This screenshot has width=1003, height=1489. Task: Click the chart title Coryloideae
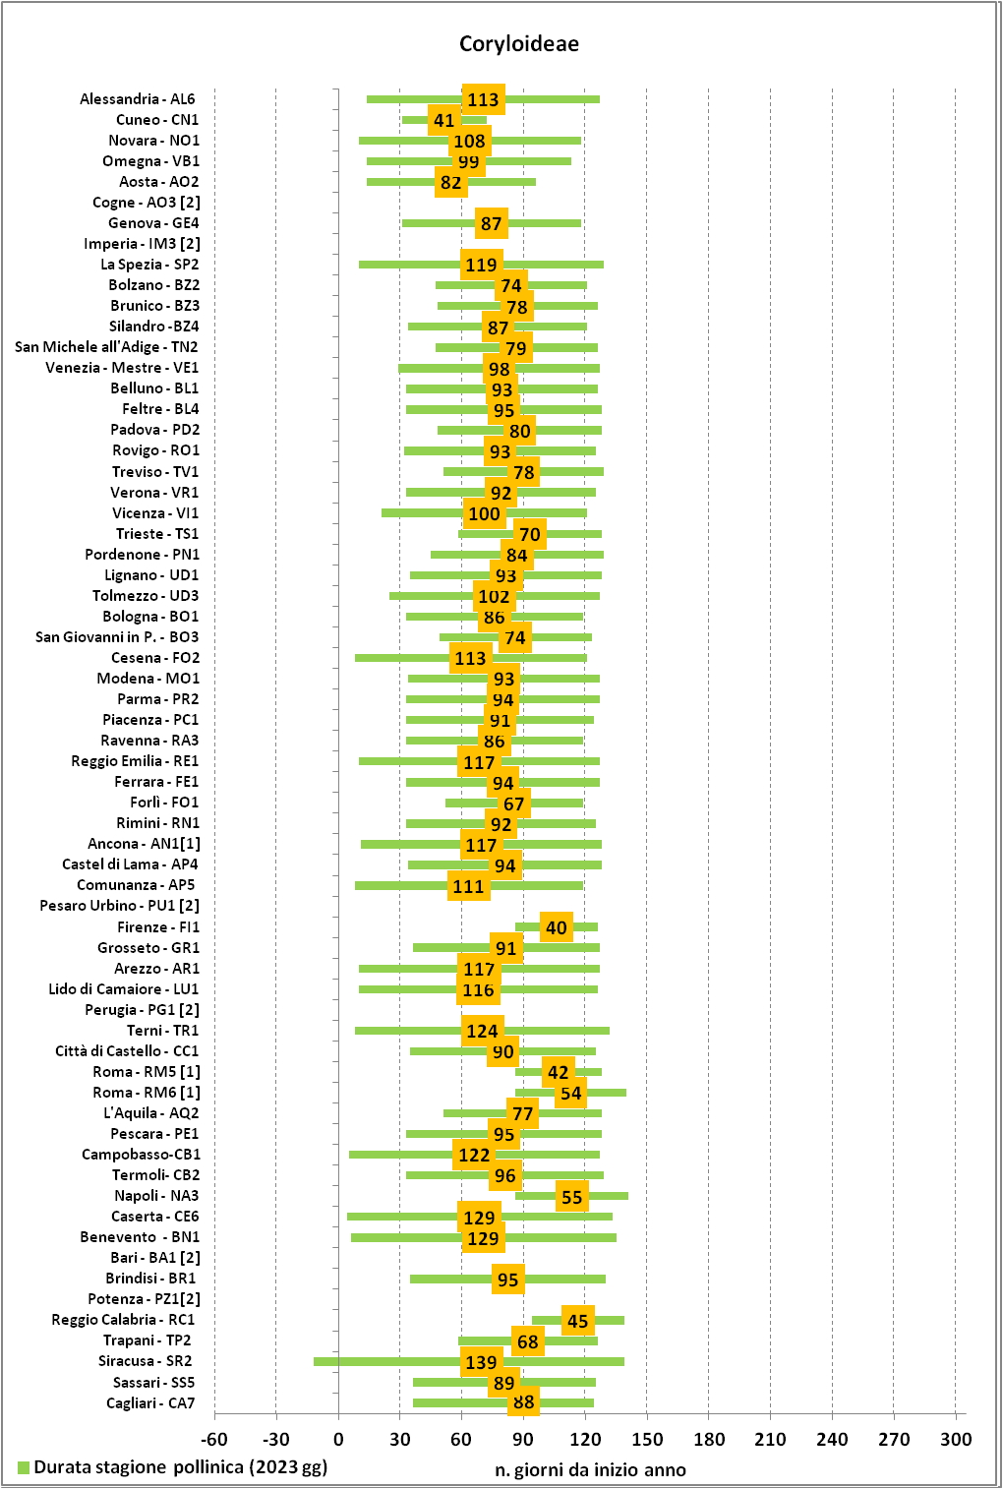[x=519, y=44]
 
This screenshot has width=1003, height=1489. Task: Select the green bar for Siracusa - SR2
[x=469, y=1361]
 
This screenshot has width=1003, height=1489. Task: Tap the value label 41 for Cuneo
[x=444, y=120]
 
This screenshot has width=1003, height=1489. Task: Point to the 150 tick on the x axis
[x=647, y=1440]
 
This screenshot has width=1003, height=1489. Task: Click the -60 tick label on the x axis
[x=214, y=1440]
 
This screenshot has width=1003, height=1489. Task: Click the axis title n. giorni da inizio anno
[x=590, y=1469]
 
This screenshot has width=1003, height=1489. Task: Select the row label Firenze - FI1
[x=158, y=926]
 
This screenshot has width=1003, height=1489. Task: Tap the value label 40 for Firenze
[x=557, y=927]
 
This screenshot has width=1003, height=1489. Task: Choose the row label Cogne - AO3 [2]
[x=147, y=202]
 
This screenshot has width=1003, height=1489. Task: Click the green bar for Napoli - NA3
[x=571, y=1196]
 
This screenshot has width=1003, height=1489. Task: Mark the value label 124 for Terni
[x=483, y=1031]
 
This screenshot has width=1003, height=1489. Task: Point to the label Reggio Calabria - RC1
[x=124, y=1320]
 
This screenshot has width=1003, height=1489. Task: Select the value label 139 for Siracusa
[x=481, y=1362]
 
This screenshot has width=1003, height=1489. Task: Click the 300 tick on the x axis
[x=956, y=1440]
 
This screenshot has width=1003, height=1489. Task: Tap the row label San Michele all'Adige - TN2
[x=106, y=347]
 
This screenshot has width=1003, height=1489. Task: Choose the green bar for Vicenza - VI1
[x=484, y=513]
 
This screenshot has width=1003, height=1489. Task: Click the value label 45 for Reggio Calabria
[x=577, y=1321]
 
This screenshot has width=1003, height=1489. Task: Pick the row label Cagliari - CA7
[x=150, y=1403]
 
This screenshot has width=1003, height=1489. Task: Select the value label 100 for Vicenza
[x=484, y=513]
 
